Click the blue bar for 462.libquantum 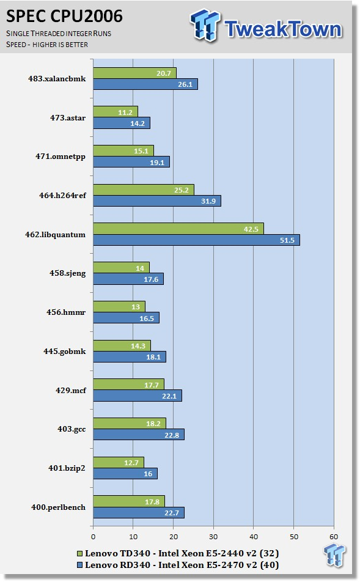pos(196,240)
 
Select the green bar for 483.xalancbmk pos(134,73)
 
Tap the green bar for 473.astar pos(116,112)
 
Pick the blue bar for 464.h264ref pos(157,201)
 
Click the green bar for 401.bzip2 pos(119,462)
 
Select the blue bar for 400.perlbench pos(139,512)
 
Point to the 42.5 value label pos(251,229)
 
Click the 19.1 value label pos(157,162)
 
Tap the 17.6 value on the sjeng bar pos(151,279)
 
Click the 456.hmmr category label pos(66,312)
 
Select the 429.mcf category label pos(71,390)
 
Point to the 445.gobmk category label pos(65,351)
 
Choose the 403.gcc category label pos(72,429)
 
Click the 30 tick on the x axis pos(213,537)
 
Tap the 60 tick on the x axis pos(334,537)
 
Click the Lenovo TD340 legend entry pos(178,553)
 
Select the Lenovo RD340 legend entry pos(178,565)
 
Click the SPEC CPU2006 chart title pos(64,16)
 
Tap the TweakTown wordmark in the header pos(283,29)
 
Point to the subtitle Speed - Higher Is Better pos(47,45)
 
